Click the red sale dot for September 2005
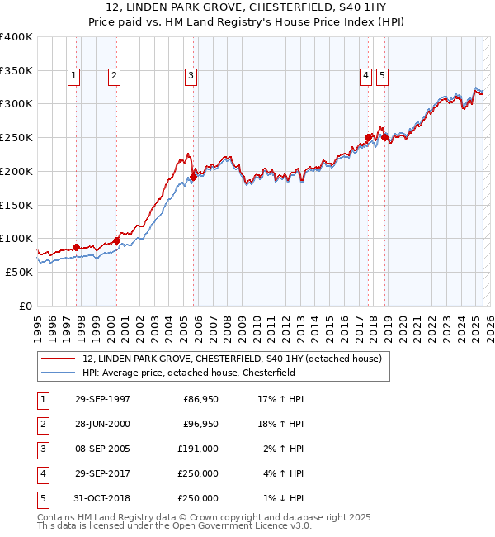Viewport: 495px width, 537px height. click(193, 177)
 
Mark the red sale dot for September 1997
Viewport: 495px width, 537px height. click(77, 247)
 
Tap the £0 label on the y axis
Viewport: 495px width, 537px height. click(25, 306)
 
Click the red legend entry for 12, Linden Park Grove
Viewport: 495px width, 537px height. click(231, 359)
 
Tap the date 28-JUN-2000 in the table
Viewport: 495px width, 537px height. click(102, 424)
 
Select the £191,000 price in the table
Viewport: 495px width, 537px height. click(199, 449)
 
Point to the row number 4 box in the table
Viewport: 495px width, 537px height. click(41, 473)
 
